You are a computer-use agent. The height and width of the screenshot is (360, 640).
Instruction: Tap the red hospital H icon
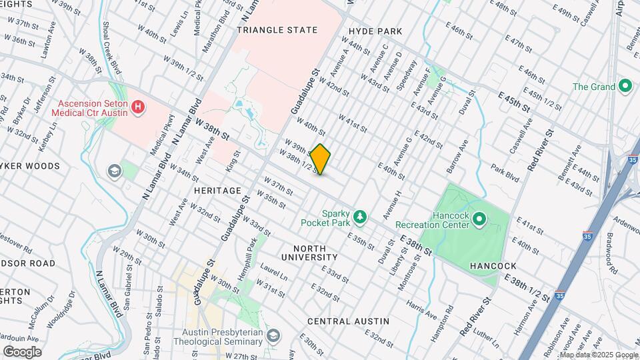[138, 107]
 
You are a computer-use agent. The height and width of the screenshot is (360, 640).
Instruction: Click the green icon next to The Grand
[625, 86]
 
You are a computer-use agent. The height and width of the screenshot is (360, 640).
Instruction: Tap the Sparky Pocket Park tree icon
[360, 216]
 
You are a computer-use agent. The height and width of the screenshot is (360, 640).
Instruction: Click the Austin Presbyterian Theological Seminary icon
[272, 335]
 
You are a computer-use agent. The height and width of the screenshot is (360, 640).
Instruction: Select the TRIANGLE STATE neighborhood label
[277, 30]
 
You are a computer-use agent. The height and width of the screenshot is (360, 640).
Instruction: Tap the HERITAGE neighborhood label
[217, 191]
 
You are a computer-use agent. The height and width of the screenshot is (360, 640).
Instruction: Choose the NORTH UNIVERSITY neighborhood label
[309, 252]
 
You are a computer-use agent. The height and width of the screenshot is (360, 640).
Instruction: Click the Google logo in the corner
[22, 351]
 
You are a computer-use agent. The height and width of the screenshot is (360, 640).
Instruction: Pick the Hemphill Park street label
[251, 253]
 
